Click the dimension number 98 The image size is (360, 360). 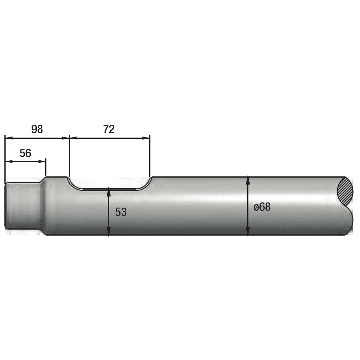click(x=37, y=129)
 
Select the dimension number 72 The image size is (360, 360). click(x=109, y=129)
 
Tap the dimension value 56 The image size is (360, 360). click(x=25, y=153)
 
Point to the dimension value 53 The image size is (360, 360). click(x=121, y=212)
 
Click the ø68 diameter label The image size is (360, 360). click(x=262, y=207)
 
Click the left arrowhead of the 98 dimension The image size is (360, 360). click(x=8, y=138)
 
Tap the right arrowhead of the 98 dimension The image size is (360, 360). click(x=66, y=138)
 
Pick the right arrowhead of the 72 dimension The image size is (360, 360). click(x=146, y=138)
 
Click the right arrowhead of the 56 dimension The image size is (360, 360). click(x=42, y=162)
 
